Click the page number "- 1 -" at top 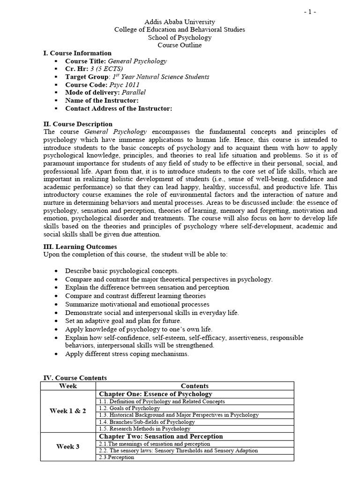(x=310, y=12)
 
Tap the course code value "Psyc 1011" (x=124, y=85)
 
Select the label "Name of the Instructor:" (x=102, y=101)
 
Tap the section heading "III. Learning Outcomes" (x=80, y=247)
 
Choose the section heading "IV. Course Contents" (x=75, y=377)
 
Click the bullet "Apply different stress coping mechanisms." (x=127, y=354)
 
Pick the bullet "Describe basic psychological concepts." (x=122, y=271)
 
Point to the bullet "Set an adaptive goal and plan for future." (x=123, y=321)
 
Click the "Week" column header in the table (x=68, y=386)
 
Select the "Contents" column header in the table (x=195, y=386)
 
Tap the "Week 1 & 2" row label (x=68, y=411)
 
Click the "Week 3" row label (x=68, y=447)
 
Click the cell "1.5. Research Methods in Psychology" (x=144, y=428)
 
